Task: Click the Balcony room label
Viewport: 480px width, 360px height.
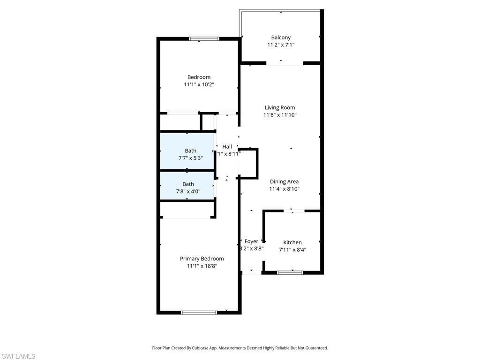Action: [x=281, y=37]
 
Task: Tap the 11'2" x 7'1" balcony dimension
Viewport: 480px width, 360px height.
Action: [x=281, y=45]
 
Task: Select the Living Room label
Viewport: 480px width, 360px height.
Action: [x=280, y=107]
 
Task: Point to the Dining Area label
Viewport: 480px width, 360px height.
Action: [x=284, y=181]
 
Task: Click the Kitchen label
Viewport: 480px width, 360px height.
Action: [x=292, y=242]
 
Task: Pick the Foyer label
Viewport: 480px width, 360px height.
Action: [x=251, y=241]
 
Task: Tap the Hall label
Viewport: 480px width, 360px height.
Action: [x=227, y=146]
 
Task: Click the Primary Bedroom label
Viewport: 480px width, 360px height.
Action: [x=202, y=258]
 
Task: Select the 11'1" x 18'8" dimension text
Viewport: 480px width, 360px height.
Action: [x=202, y=266]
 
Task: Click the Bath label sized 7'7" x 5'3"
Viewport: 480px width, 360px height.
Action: [x=190, y=150]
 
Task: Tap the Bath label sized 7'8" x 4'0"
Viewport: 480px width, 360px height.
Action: [x=188, y=184]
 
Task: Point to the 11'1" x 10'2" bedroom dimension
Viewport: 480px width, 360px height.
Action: [x=199, y=84]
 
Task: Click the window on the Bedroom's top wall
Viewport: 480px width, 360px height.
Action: [x=204, y=39]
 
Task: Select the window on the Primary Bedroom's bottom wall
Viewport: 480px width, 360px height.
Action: [x=199, y=312]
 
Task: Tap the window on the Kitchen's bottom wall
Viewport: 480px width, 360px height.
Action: [x=290, y=272]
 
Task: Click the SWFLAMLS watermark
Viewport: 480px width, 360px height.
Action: [x=18, y=356]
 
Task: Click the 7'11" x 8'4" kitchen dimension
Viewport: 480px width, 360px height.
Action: [x=292, y=250]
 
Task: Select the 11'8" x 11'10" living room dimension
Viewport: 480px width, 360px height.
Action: [x=280, y=115]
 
